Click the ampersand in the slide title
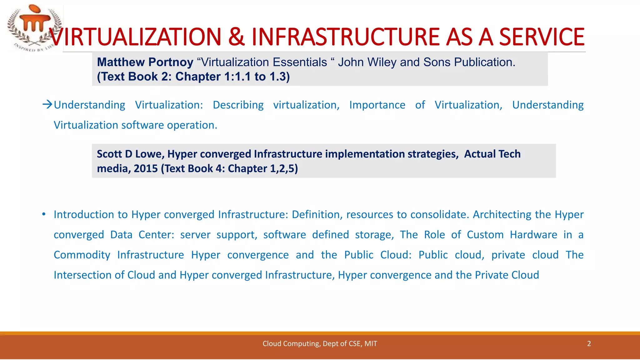[237, 37]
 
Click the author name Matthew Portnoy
[145, 62]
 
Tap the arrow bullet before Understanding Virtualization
[47, 104]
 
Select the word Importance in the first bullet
[377, 105]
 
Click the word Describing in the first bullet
[238, 105]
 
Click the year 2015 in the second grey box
[146, 168]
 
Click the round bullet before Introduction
[44, 214]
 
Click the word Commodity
[82, 255]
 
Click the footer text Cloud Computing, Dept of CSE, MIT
[320, 344]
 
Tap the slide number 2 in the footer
[589, 344]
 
